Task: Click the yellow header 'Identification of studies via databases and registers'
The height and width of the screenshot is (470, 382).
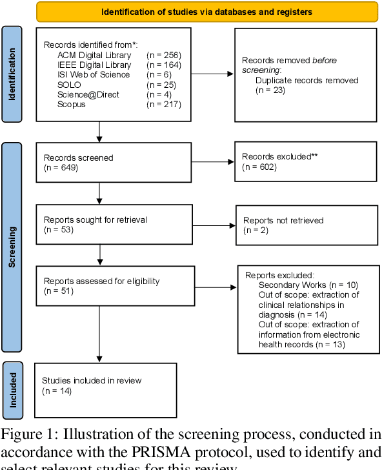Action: click(x=207, y=12)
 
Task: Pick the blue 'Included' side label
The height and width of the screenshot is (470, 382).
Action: click(x=11, y=386)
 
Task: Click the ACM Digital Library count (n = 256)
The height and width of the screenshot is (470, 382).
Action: click(x=164, y=55)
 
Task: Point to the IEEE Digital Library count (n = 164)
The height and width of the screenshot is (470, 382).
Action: click(x=164, y=65)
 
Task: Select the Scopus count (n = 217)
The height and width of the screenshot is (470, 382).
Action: click(x=164, y=104)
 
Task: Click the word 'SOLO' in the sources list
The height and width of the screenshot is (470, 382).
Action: click(x=69, y=85)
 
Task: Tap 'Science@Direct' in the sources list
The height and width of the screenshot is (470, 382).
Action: click(x=88, y=94)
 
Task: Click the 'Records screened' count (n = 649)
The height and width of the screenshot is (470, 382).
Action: click(x=59, y=167)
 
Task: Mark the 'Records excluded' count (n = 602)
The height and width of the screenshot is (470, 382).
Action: click(x=259, y=167)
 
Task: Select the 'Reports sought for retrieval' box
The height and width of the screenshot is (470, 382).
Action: click(x=113, y=225)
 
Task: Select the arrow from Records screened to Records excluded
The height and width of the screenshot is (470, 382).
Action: click(x=213, y=162)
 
